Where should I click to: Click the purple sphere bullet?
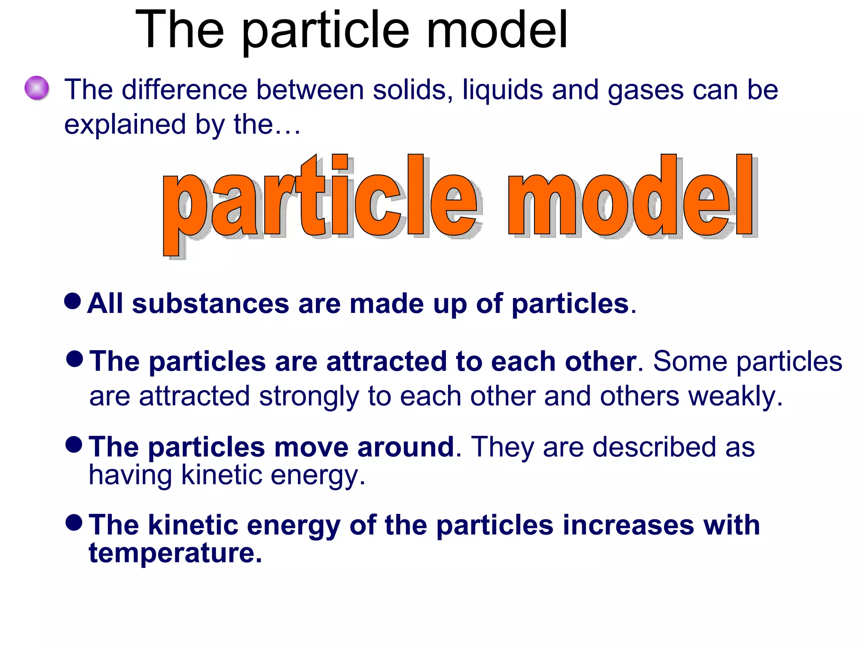[x=37, y=88]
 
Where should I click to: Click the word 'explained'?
[x=125, y=125]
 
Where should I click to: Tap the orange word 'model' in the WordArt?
[x=631, y=198]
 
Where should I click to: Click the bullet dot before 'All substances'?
[x=73, y=301]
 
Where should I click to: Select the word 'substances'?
[x=210, y=304]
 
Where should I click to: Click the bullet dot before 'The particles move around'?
[x=74, y=445]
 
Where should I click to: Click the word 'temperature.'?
[x=175, y=553]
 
